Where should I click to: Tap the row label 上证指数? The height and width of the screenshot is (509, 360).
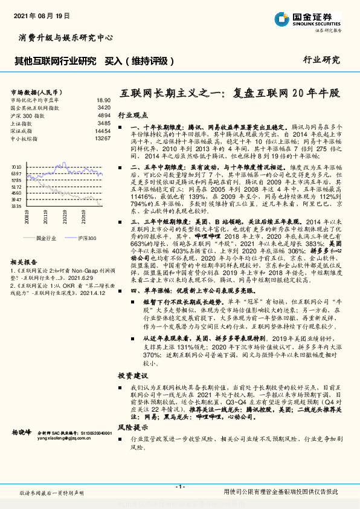22,123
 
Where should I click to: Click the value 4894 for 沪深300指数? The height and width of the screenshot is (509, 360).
104,115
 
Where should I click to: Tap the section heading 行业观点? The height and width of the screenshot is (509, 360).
132,114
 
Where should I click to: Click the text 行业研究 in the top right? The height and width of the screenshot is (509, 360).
321,60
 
